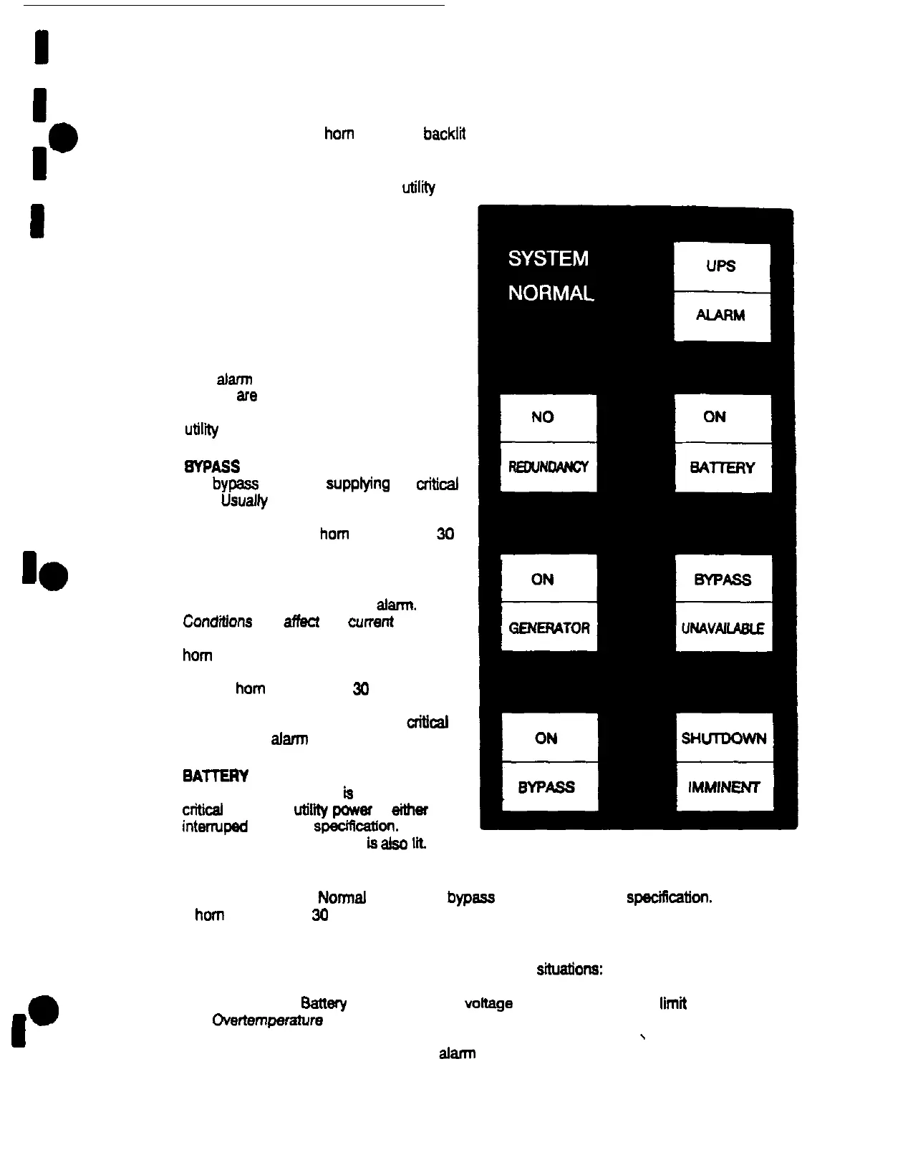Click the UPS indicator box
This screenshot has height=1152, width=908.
tap(722, 267)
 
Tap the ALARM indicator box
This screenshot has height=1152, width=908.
tap(722, 316)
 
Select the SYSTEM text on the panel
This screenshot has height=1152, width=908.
tap(549, 258)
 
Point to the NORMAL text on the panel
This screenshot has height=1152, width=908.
tap(551, 293)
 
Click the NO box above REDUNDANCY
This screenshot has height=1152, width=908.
tap(548, 418)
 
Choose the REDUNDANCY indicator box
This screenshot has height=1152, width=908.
tap(548, 467)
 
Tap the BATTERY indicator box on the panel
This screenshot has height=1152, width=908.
tap(723, 468)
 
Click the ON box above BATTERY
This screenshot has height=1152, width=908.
tap(723, 418)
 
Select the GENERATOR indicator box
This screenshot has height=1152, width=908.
tap(549, 628)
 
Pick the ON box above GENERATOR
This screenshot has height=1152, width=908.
tap(549, 579)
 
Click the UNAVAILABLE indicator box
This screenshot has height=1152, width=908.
tap(723, 628)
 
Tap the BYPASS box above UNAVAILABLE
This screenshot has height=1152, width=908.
tap(723, 579)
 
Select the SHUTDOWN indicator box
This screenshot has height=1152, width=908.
tap(724, 738)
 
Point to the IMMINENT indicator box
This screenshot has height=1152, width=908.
tap(724, 787)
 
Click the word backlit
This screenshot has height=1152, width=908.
tap(444, 134)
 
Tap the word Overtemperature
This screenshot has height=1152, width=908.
tap(267, 1020)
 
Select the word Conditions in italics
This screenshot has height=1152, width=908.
tap(218, 621)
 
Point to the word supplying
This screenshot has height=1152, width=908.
tap(357, 484)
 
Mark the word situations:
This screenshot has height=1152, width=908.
tap(569, 970)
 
